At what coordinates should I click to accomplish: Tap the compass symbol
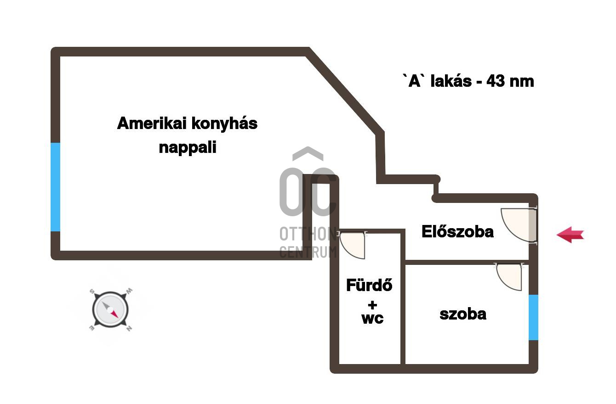(110, 310)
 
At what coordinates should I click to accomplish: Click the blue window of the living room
(55, 187)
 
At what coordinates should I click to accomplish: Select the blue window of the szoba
(533, 317)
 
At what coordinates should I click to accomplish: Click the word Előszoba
(457, 232)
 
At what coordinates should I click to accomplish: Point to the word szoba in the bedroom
(463, 314)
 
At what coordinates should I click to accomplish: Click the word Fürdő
(369, 286)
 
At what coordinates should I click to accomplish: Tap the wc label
(372, 318)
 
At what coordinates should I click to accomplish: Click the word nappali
(188, 148)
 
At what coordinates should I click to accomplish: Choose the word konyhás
(224, 123)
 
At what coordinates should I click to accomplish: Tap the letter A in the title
(415, 81)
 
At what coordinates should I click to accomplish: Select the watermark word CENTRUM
(308, 252)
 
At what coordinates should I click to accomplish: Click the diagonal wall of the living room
(345, 92)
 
